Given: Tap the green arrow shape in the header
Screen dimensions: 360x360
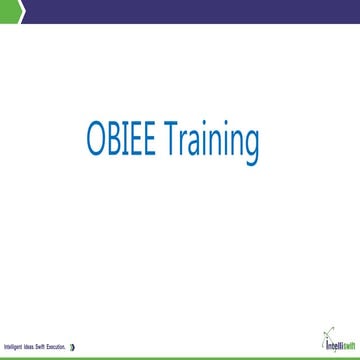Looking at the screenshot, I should coord(8,10).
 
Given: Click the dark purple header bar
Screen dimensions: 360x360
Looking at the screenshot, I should coord(190,11).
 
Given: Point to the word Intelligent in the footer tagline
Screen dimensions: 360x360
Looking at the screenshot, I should coord(13,347).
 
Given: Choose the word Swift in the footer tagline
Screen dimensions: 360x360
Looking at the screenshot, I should coord(43,347).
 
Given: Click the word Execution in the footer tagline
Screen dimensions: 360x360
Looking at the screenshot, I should coord(58,347).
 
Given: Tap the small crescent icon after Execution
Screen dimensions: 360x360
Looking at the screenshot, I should coord(73,347).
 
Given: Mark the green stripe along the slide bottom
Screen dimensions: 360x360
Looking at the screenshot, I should coord(180,357).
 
